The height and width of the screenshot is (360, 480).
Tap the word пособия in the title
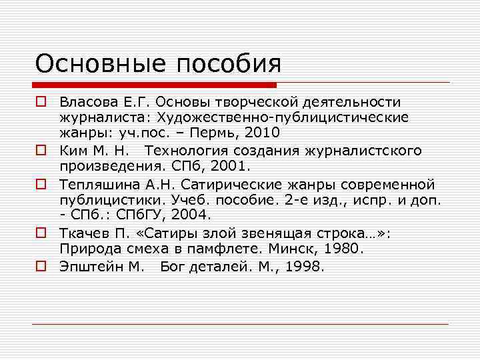click(228, 64)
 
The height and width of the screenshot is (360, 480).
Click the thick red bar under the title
click(155, 85)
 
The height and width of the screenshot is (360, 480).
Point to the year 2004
click(192, 215)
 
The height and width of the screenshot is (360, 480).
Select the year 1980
click(340, 249)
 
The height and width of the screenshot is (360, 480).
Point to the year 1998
click(303, 267)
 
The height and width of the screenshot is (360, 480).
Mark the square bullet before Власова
click(41, 102)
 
